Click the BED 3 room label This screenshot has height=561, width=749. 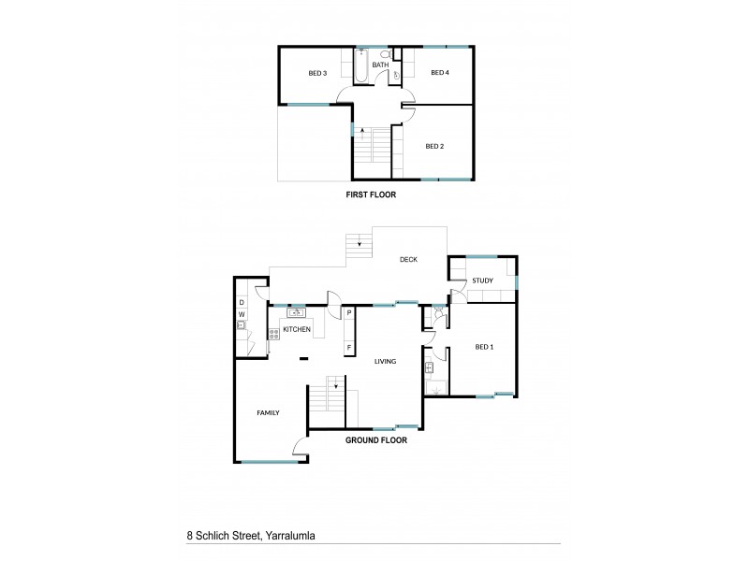[317, 73]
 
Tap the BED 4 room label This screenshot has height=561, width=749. [440, 73]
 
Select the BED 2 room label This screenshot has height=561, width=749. [434, 146]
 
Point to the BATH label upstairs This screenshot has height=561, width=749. [381, 65]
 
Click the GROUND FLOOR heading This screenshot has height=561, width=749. [376, 439]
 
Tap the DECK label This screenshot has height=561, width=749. [408, 260]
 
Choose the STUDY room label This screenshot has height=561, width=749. [483, 280]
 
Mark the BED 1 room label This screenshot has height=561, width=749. [484, 347]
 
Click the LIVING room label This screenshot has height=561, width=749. [385, 361]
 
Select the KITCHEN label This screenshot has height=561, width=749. [297, 329]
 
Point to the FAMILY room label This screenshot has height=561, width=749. [269, 412]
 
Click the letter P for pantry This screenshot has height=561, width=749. [348, 313]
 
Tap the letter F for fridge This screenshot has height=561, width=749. [348, 348]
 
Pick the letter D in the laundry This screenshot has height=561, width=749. [241, 302]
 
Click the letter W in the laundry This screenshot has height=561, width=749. [241, 313]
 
